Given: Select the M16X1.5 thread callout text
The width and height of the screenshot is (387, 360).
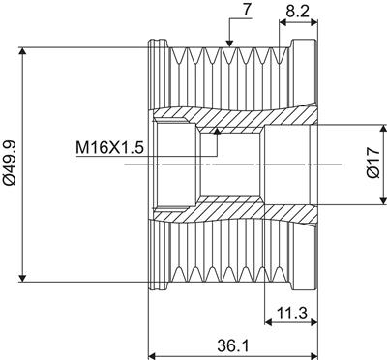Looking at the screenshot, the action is pyautogui.click(x=109, y=148).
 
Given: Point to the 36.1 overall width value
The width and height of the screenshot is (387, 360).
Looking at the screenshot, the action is pyautogui.click(x=233, y=346).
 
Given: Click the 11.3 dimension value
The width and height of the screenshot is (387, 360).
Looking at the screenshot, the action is pyautogui.click(x=292, y=313).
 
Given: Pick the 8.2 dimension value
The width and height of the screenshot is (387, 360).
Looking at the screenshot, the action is pyautogui.click(x=297, y=11).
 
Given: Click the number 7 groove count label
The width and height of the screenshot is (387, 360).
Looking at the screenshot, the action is pyautogui.click(x=247, y=10).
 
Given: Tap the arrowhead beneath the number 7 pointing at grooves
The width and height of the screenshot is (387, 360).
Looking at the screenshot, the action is pyautogui.click(x=229, y=44).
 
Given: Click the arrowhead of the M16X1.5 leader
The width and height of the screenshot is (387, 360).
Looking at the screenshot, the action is pyautogui.click(x=218, y=130).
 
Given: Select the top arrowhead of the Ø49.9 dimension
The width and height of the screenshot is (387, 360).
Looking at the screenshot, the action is pyautogui.click(x=22, y=51).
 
